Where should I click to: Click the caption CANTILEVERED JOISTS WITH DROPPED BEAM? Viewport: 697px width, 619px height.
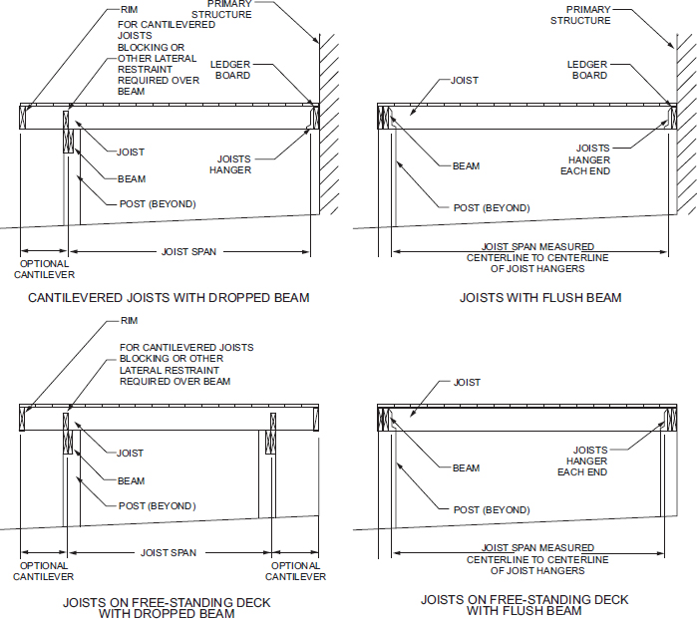(169, 297)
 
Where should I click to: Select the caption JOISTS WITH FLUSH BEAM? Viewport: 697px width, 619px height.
(540, 297)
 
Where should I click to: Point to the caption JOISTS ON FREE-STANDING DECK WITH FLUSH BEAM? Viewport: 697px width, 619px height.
(524, 605)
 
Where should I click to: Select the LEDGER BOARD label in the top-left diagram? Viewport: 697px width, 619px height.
(230, 70)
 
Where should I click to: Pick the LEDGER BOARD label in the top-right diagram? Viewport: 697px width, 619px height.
(587, 70)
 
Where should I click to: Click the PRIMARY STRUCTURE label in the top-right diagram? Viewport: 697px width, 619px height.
(580, 15)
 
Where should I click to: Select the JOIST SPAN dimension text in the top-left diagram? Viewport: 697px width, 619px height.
(188, 252)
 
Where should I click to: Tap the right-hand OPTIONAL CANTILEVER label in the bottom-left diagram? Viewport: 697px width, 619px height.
(295, 571)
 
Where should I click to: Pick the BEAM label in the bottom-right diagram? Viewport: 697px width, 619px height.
(466, 467)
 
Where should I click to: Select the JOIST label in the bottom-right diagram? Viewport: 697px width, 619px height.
(467, 383)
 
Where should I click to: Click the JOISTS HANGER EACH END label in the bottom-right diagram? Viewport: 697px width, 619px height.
(583, 461)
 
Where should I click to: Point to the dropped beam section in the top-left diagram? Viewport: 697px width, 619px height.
(68, 131)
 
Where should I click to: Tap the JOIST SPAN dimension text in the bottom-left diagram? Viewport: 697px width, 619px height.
(169, 552)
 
